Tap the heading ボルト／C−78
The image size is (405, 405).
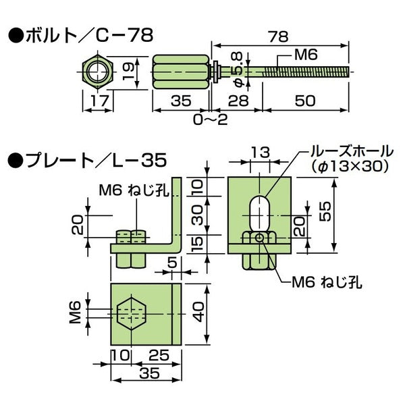(80, 32)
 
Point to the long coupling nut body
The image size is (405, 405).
(177, 72)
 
